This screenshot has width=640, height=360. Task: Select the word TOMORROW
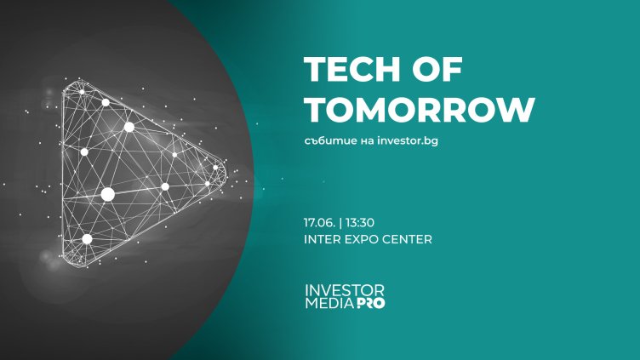tap(420, 110)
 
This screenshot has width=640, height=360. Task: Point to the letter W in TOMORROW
tap(517, 110)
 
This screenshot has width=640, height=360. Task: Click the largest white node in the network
tap(108, 194)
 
